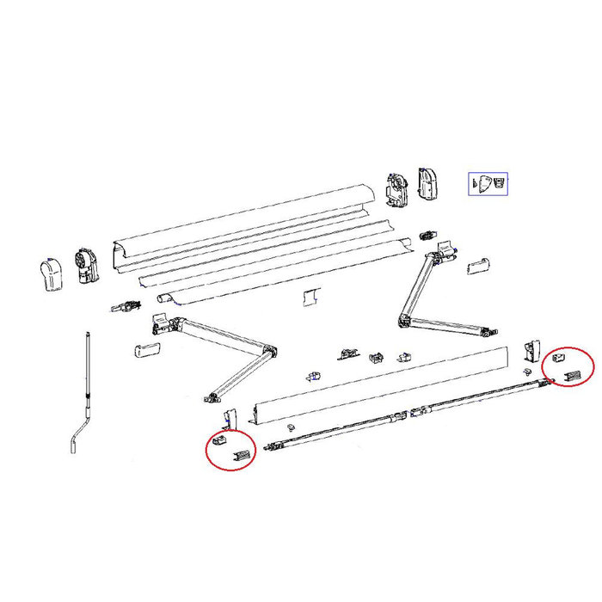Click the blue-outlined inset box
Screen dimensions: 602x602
[488, 184]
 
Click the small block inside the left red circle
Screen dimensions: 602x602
[218, 440]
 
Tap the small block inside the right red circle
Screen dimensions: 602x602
[558, 356]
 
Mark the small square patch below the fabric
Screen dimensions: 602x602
[309, 297]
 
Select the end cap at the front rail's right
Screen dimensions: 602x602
[528, 350]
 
